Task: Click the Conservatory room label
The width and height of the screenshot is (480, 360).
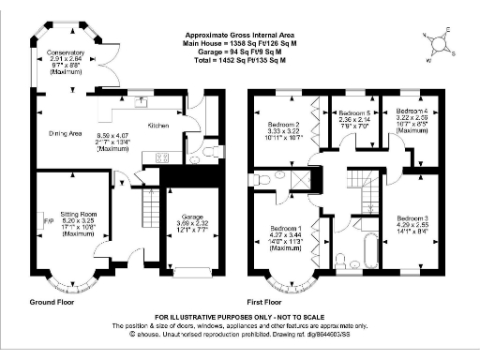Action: click(x=67, y=53)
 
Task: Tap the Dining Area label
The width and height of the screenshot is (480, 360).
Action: click(x=67, y=133)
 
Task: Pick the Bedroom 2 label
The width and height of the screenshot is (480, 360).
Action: click(x=284, y=126)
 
